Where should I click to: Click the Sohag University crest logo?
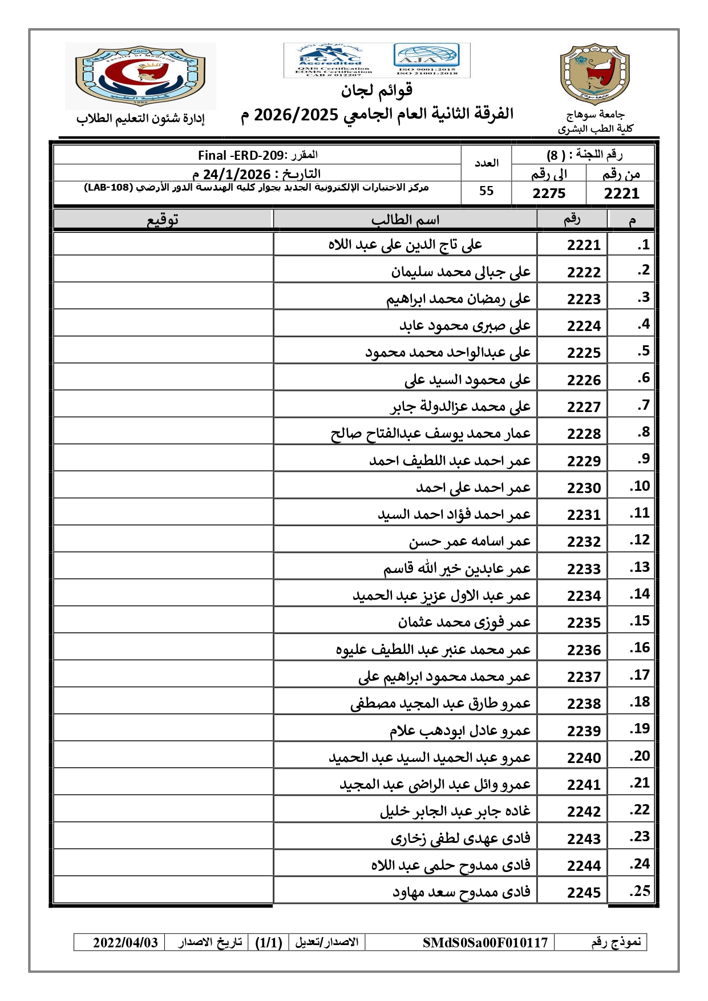tap(595, 74)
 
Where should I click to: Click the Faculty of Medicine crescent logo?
tap(140, 75)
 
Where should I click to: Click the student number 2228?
tap(584, 434)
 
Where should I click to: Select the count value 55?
tap(486, 191)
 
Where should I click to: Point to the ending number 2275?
tap(549, 193)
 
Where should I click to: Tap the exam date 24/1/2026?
tap(237, 174)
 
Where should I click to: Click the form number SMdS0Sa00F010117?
tap(485, 942)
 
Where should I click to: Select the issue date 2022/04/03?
tap(125, 942)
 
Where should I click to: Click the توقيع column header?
tap(163, 220)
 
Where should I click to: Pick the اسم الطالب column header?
tap(405, 220)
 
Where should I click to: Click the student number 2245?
tap(584, 893)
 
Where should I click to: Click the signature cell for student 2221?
tap(163, 245)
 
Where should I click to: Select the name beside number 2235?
tap(464, 622)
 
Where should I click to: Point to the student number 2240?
tap(584, 758)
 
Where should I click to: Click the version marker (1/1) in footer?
tap(269, 942)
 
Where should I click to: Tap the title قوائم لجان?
tap(377, 91)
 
